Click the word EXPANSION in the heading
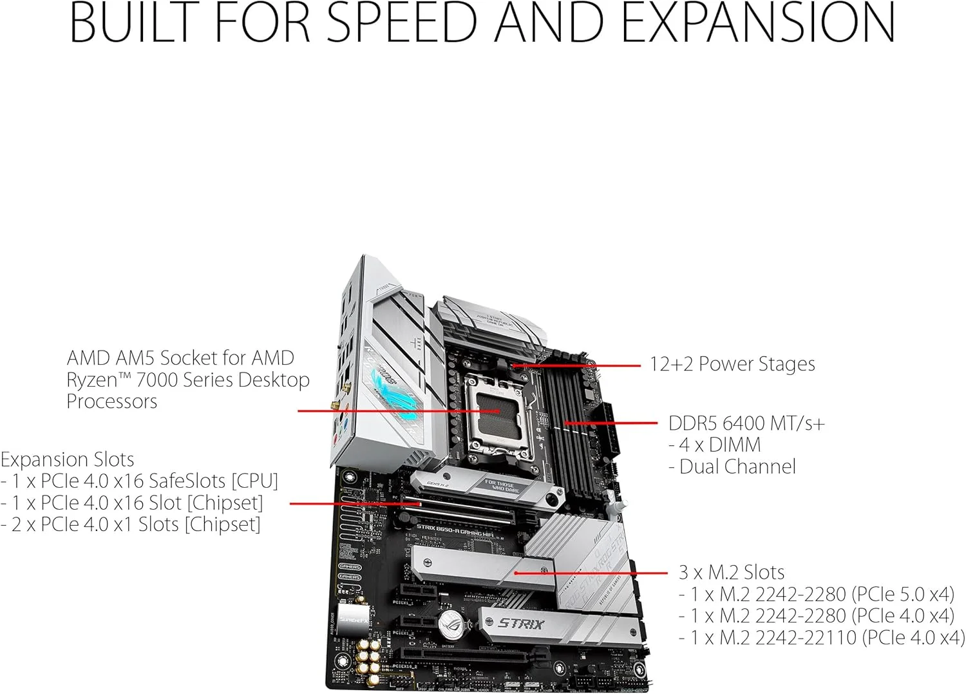pyautogui.click(x=759, y=23)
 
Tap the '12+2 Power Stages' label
pyautogui.click(x=732, y=364)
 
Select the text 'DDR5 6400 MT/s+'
pyautogui.click(x=746, y=423)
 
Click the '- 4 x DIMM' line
pyautogui.click(x=715, y=445)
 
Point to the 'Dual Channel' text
pyautogui.click(x=737, y=467)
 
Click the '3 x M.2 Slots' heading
pyautogui.click(x=732, y=572)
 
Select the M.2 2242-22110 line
pyautogui.click(x=822, y=637)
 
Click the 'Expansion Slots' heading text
pyautogui.click(x=68, y=459)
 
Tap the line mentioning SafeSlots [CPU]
pyautogui.click(x=140, y=481)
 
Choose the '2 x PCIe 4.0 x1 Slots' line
pyautogui.click(x=131, y=525)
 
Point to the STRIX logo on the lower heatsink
pyautogui.click(x=521, y=624)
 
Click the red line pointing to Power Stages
pyautogui.click(x=580, y=365)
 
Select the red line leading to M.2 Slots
pyautogui.click(x=592, y=573)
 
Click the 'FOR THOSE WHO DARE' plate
pyautogui.click(x=501, y=486)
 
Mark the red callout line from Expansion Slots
pyautogui.click(x=354, y=503)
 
